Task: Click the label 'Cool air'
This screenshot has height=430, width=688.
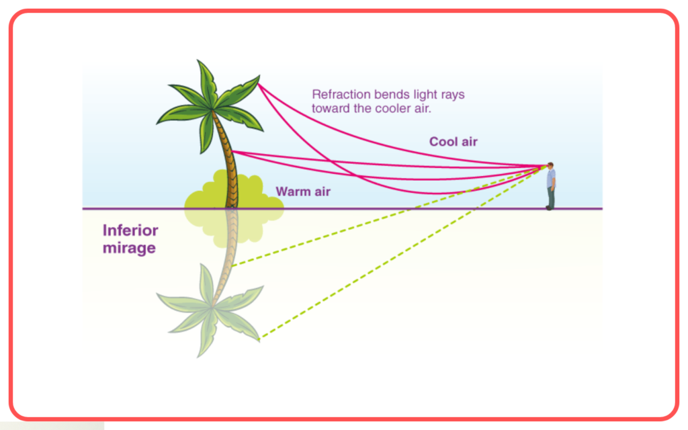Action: (454, 142)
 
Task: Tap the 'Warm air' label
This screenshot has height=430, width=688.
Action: (303, 191)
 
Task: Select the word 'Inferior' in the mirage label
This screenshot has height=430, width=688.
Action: (130, 230)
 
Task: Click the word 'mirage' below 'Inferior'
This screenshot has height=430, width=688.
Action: (129, 248)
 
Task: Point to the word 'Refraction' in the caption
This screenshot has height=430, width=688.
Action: (341, 94)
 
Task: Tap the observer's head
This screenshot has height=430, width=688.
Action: (550, 166)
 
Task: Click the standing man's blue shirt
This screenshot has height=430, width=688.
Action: (551, 179)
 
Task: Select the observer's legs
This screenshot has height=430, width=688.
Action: (550, 199)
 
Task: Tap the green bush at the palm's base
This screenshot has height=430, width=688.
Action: (234, 190)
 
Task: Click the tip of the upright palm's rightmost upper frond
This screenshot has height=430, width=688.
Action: (259, 77)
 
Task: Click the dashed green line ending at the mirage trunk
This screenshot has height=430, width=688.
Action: (389, 216)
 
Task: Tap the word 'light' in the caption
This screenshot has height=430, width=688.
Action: (425, 95)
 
